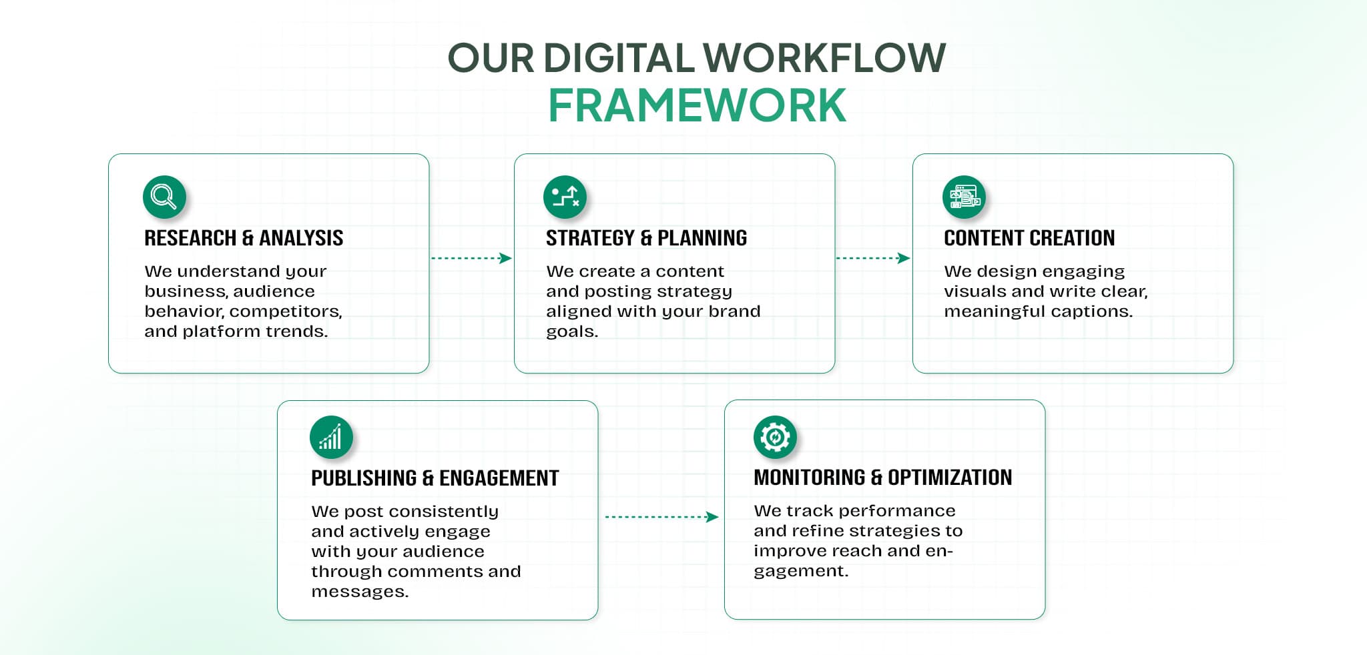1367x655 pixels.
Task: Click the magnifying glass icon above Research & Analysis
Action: [x=164, y=197]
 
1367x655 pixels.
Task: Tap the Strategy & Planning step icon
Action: [x=565, y=197]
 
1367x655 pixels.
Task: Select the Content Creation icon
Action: [x=963, y=197]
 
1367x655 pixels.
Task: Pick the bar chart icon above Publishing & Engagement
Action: [x=331, y=438]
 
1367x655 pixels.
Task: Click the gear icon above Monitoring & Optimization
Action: [x=774, y=438]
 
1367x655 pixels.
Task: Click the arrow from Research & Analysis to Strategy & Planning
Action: [x=471, y=258]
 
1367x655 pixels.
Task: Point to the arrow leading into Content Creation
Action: [x=873, y=258]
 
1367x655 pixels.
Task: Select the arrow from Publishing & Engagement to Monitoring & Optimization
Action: [x=661, y=517]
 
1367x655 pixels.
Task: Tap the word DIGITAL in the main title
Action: [x=619, y=58]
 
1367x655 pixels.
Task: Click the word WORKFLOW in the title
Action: [x=825, y=58]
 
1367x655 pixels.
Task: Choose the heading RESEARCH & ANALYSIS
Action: [x=244, y=238]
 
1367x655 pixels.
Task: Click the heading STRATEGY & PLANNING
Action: [x=646, y=238]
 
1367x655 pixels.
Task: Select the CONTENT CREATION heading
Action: [x=1029, y=238]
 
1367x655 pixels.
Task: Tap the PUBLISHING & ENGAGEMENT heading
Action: [x=435, y=478]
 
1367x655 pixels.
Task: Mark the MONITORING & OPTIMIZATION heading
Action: [x=882, y=478]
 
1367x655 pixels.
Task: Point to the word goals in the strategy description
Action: [x=571, y=332]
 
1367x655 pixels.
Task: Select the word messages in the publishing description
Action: [x=359, y=592]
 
